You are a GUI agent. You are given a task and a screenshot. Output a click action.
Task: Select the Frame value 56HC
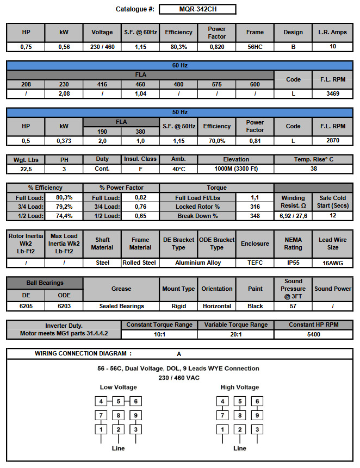pos(255,47)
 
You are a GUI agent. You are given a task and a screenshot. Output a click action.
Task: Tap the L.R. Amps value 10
pos(332,47)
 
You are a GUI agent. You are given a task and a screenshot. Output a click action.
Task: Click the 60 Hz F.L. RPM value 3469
pos(332,94)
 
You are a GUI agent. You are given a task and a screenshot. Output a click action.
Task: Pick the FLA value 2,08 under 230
pos(64,94)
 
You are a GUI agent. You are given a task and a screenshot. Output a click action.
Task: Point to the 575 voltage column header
pos(216,84)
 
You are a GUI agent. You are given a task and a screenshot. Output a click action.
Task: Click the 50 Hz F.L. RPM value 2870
pos(332,141)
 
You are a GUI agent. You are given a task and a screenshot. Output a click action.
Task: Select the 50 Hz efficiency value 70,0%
pos(216,141)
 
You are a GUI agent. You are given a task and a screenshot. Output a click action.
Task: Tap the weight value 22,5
pos(26,169)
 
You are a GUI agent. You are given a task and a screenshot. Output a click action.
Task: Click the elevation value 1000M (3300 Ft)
pos(235,169)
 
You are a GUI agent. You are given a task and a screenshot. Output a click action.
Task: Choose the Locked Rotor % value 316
pos(255,207)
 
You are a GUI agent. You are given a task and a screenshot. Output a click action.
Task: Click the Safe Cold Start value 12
pos(332,216)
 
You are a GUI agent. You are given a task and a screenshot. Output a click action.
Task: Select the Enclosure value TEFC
pos(255,263)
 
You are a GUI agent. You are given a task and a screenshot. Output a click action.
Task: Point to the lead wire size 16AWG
pos(332,263)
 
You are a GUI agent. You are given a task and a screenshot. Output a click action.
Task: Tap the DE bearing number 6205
pos(26,306)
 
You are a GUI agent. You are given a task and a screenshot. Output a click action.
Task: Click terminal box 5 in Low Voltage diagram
pos(118,402)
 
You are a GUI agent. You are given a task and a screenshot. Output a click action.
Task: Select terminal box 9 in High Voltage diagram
pos(258,415)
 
